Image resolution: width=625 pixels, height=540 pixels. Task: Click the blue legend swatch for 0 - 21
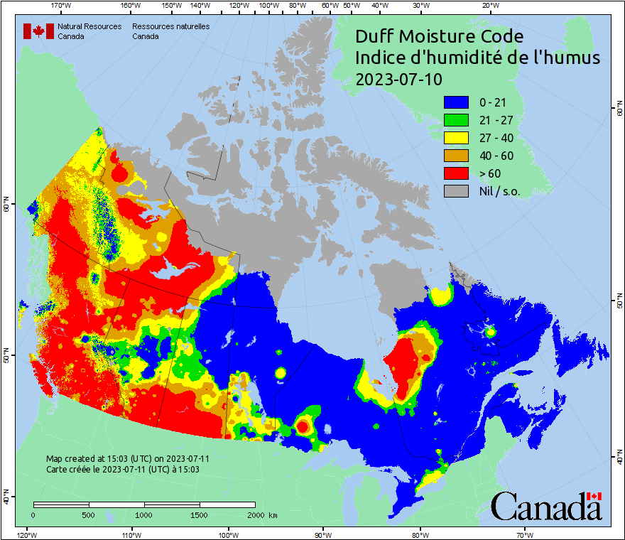pos(457,102)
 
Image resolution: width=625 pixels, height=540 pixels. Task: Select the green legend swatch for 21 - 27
pos(457,119)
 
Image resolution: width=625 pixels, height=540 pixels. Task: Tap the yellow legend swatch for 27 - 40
pos(457,137)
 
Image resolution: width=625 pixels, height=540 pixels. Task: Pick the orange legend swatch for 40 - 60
pos(457,155)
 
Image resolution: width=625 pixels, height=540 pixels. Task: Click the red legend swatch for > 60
pos(457,173)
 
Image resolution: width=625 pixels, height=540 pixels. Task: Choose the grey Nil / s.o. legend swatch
pos(457,190)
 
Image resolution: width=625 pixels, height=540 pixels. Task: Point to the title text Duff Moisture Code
pos(439,36)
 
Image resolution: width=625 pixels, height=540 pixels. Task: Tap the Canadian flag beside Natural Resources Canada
pos(38,31)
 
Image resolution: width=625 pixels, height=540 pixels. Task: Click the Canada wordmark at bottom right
pos(545,507)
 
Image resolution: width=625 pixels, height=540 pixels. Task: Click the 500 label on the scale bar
pos(89,514)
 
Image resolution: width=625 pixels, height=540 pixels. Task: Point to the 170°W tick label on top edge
pos(62,6)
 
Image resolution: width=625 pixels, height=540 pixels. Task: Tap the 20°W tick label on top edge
pos(489,6)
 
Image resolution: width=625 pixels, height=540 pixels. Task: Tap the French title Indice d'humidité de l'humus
pos(477,58)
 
